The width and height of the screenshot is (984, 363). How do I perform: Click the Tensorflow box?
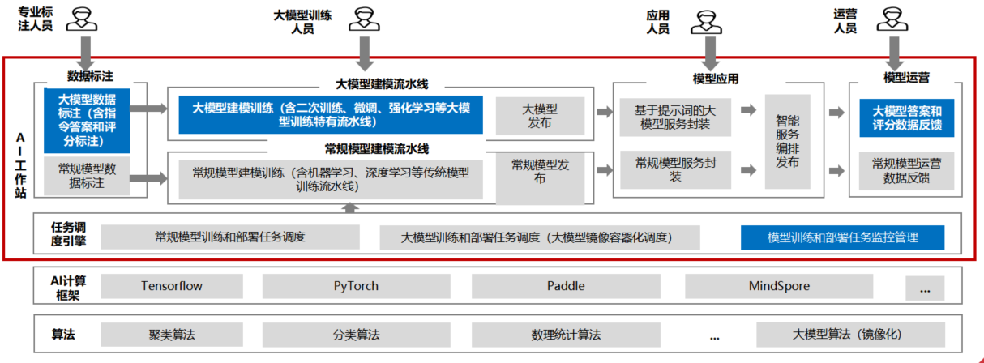tap(172, 286)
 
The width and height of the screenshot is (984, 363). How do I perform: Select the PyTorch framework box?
tap(357, 286)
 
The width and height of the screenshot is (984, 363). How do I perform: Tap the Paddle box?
tap(566, 286)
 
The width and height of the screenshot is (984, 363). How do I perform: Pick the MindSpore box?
tap(779, 286)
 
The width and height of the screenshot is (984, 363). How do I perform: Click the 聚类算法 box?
tap(172, 335)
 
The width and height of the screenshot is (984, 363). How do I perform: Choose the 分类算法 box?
tap(357, 335)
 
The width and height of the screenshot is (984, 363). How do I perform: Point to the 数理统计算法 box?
tap(566, 335)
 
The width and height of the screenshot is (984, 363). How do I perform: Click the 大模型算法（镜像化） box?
tap(850, 335)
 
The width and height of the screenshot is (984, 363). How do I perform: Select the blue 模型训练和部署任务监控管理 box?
tap(842, 237)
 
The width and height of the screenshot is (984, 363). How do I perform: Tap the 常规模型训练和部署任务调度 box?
tap(230, 237)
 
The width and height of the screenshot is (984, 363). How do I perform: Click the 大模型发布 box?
tap(541, 116)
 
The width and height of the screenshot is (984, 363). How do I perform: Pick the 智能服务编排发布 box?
tap(788, 141)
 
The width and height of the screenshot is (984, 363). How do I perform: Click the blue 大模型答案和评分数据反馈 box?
tap(907, 118)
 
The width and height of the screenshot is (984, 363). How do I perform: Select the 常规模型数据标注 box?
tap(87, 176)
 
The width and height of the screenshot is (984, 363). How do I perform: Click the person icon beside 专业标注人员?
tap(82, 19)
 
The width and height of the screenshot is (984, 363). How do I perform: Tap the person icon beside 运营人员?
tap(892, 19)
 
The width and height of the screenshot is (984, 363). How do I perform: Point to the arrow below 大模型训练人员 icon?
tap(365, 53)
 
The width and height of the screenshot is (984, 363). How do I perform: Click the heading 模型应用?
tap(716, 79)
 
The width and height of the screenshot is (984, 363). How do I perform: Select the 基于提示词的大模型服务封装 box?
tap(675, 117)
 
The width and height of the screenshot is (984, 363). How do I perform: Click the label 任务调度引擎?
tap(68, 234)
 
